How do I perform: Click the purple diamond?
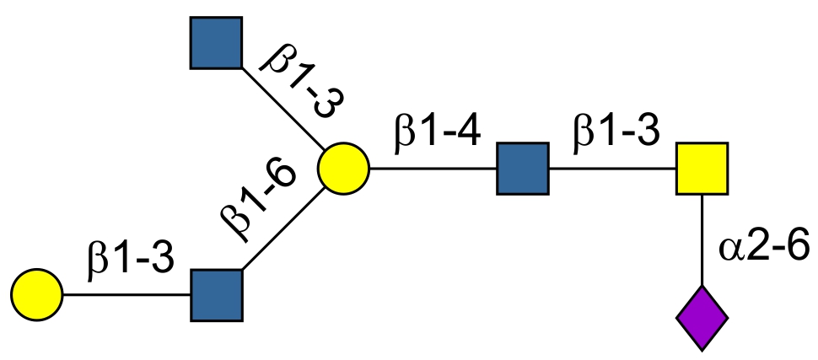(x=702, y=319)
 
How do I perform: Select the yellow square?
(x=702, y=168)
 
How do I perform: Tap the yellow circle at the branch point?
(x=344, y=168)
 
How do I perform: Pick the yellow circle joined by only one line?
(x=37, y=295)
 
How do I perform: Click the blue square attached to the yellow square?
(x=523, y=168)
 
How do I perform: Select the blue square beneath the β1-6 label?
(x=217, y=295)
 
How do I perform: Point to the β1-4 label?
(x=436, y=135)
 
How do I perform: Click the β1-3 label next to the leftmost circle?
(x=130, y=261)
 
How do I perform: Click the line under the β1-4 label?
(x=433, y=168)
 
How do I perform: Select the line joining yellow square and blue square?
(x=612, y=168)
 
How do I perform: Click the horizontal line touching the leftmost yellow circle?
(x=126, y=295)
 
